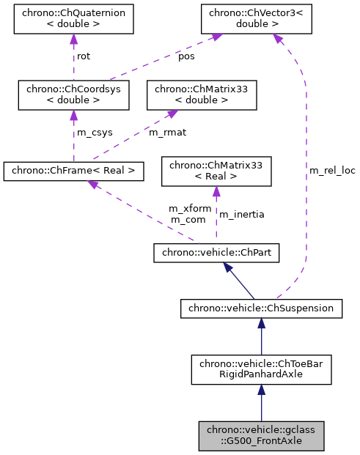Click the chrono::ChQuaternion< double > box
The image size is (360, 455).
(73, 19)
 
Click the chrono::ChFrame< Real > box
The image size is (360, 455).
(73, 171)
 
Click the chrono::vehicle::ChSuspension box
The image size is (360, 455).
(261, 308)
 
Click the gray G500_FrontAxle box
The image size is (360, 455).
(261, 435)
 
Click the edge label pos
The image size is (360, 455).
(187, 56)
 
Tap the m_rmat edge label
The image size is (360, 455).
(166, 133)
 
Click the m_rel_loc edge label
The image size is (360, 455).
(332, 171)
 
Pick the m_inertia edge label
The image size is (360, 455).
(242, 214)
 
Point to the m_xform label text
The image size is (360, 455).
(190, 209)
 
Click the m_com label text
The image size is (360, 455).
(188, 220)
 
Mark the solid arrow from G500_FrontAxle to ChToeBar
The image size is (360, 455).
(261, 403)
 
